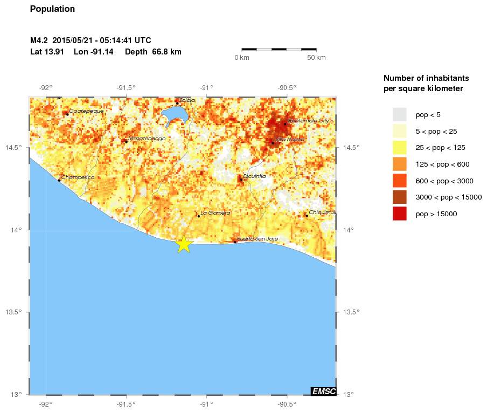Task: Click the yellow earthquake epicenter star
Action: [x=184, y=244]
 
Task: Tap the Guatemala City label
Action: [x=308, y=121]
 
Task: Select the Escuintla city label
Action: [x=254, y=176]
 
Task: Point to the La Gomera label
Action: [x=215, y=213]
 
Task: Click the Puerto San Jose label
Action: [x=258, y=238]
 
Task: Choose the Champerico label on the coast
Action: [x=78, y=177]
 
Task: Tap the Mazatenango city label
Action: [x=147, y=139]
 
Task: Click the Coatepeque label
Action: [x=86, y=111]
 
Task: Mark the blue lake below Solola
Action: [x=176, y=115]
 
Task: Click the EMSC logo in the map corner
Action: [x=323, y=391]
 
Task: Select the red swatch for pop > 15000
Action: [x=399, y=214]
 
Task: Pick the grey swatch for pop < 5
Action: [x=399, y=114]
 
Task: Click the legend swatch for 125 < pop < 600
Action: [x=399, y=164]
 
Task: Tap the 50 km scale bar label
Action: [x=316, y=58]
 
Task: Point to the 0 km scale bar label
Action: [x=241, y=58]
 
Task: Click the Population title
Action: [x=52, y=9]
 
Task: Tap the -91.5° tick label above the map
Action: [x=126, y=88]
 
